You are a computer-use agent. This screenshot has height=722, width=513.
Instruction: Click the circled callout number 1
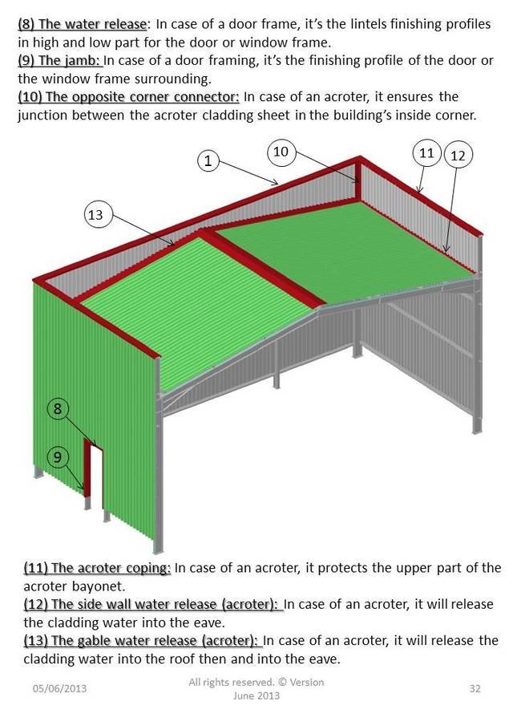click(x=208, y=160)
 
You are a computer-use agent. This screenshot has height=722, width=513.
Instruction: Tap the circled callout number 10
click(x=281, y=152)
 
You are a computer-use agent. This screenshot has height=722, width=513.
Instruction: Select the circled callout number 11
click(x=427, y=153)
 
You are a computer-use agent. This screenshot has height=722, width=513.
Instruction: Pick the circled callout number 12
click(x=458, y=156)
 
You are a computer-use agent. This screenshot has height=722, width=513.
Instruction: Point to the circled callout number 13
click(x=95, y=215)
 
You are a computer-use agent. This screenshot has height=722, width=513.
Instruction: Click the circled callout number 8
click(x=57, y=409)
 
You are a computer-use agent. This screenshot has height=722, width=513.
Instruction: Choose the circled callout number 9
click(x=57, y=456)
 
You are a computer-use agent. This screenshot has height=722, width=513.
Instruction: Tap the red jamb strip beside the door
click(x=87, y=468)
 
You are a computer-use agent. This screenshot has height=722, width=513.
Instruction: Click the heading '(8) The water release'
click(x=83, y=24)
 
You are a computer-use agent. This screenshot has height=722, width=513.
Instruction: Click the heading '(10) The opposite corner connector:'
click(x=128, y=97)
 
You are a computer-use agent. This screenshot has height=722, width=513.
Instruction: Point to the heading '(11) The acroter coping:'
click(x=97, y=568)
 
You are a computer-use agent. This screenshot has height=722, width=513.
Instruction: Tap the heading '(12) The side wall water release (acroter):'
click(x=152, y=604)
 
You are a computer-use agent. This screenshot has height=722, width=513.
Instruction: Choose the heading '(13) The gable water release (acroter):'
click(x=142, y=640)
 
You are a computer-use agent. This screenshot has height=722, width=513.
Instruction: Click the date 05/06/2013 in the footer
click(x=59, y=688)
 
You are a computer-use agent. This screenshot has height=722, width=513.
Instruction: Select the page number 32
click(x=475, y=688)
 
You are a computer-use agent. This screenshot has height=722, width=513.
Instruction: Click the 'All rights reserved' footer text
click(x=231, y=682)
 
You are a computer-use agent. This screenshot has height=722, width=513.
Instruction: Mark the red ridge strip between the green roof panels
click(x=261, y=268)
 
